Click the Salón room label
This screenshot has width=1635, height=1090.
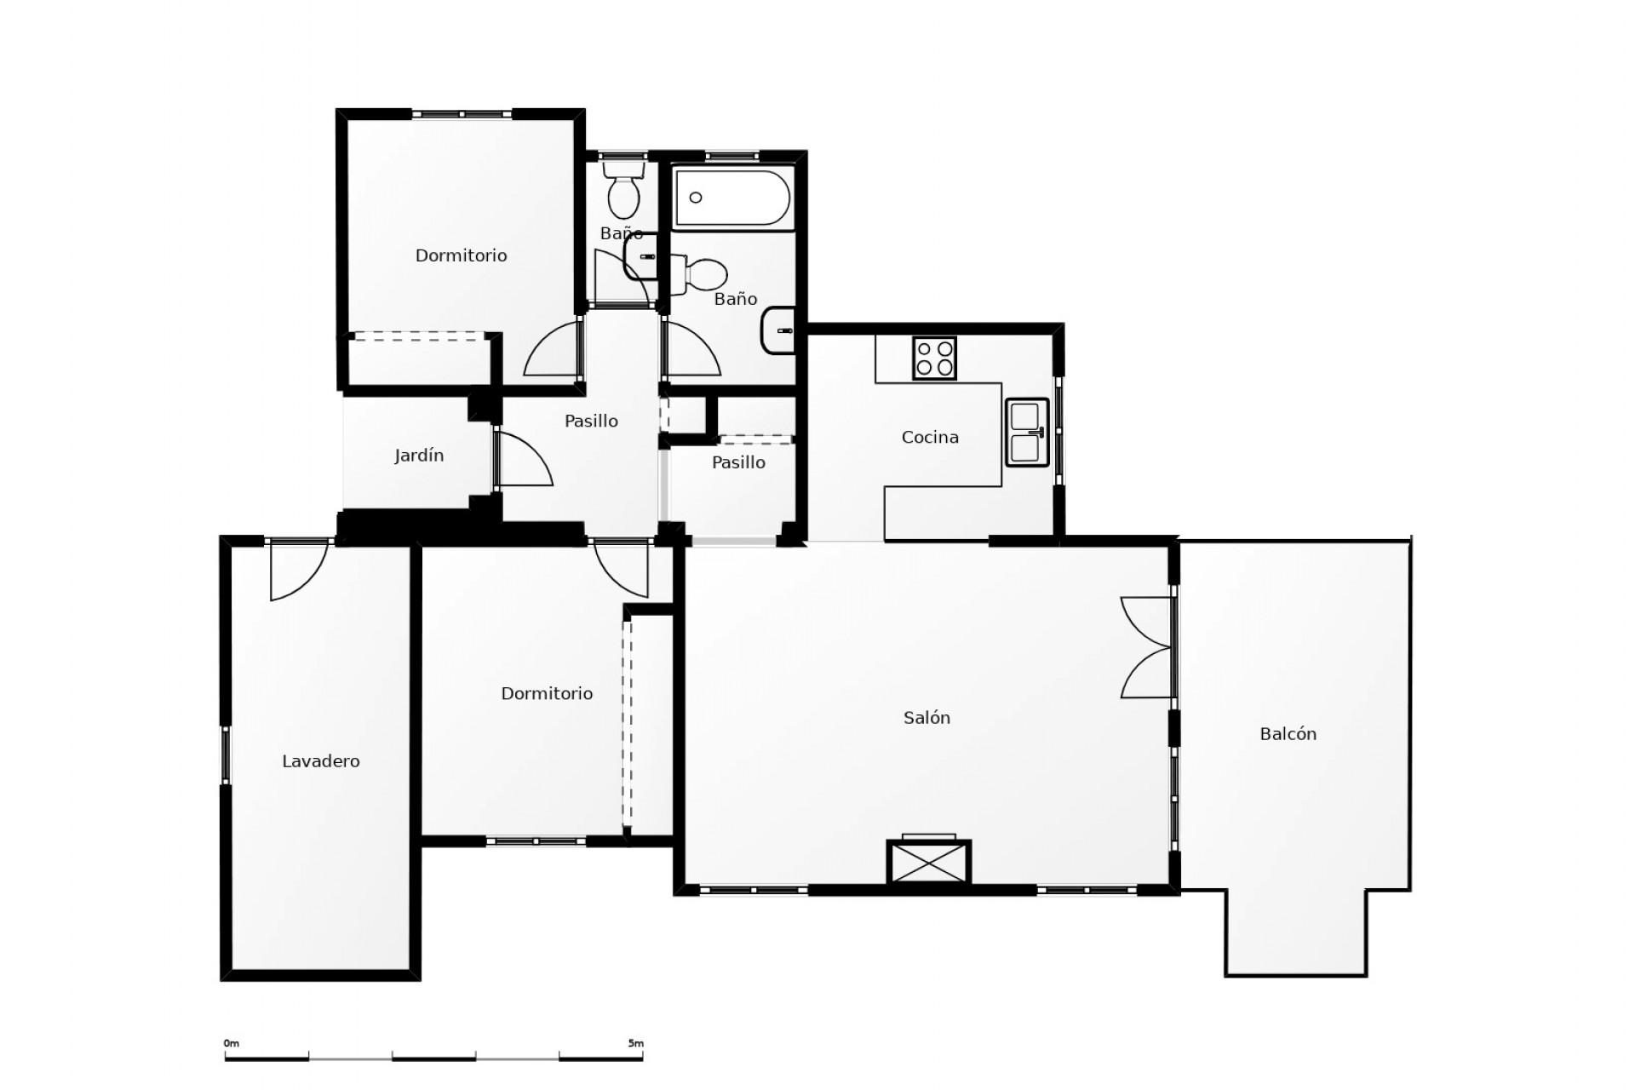[926, 718]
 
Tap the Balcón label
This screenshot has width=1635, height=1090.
[1288, 734]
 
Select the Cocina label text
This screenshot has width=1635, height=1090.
[930, 437]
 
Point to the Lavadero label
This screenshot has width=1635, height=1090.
[321, 761]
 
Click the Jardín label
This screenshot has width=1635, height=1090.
[419, 456]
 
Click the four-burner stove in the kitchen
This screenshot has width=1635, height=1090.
[934, 359]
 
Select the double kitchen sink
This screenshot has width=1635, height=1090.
[1026, 433]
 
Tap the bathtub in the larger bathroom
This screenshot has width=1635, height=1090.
[733, 198]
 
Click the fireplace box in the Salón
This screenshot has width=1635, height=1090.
[928, 862]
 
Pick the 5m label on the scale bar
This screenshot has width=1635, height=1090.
[635, 1043]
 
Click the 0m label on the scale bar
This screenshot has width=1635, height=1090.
[232, 1043]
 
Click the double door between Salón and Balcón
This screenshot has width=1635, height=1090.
[1148, 647]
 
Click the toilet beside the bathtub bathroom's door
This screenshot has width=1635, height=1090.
[703, 274]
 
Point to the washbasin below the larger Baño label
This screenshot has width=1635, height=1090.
[778, 330]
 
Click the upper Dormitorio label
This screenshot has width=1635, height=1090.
[461, 255]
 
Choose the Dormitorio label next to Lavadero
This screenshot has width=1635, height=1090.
[547, 693]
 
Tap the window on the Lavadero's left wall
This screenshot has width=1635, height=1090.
[227, 754]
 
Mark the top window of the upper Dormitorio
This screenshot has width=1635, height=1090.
[462, 114]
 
